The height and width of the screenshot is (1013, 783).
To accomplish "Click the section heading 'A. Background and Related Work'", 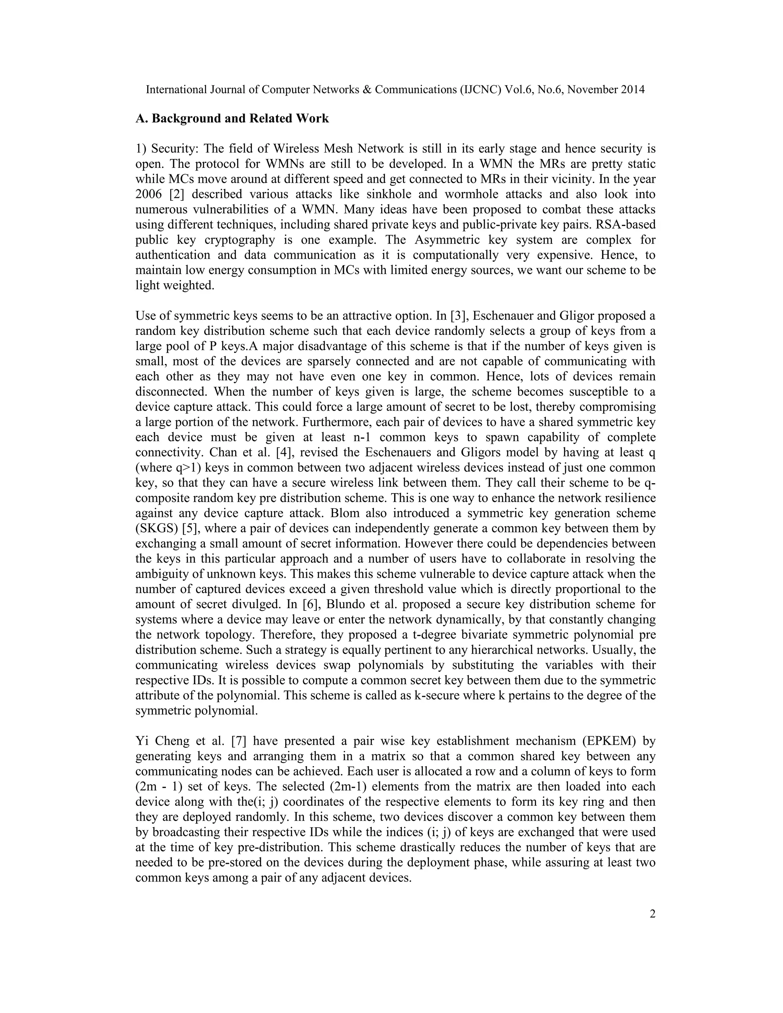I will coord(232,119).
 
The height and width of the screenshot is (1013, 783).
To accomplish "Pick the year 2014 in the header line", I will coord(631,89).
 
